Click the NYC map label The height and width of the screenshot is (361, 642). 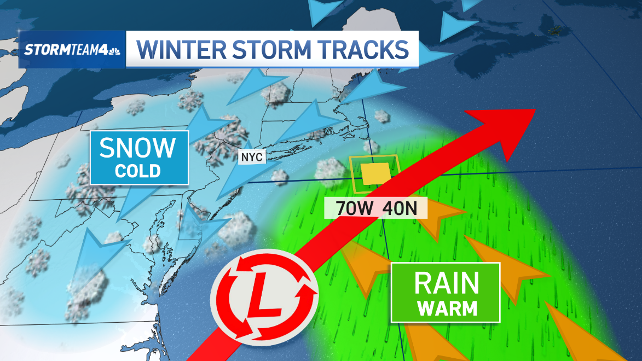[x=252, y=158]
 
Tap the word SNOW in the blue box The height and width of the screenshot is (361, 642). [x=138, y=148]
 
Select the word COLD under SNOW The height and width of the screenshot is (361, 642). [x=138, y=171]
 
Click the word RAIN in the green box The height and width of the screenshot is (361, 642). [x=447, y=283]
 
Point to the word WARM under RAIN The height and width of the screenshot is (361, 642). [x=446, y=308]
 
